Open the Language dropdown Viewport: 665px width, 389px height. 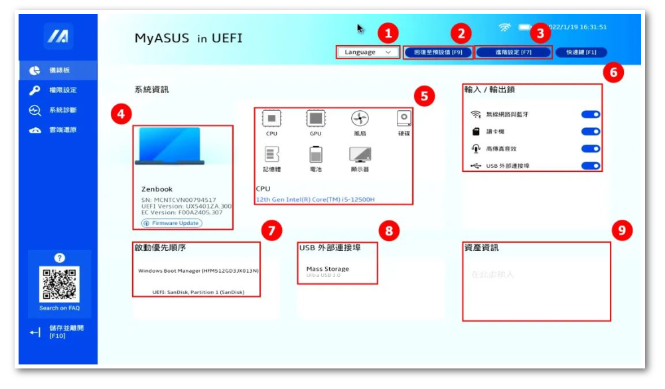367,52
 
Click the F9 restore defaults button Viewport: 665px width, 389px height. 438,52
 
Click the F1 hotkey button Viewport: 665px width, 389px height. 581,52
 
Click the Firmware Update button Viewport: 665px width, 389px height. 172,223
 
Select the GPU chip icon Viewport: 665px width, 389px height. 315,119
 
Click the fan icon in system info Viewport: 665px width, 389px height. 360,119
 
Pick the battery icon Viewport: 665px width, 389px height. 315,155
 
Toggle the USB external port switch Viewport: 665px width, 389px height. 590,165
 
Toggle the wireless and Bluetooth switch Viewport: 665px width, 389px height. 590,114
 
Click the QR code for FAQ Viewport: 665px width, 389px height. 59,284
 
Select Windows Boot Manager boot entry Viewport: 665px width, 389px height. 198,271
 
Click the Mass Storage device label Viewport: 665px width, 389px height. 327,269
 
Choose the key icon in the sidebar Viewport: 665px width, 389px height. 35,90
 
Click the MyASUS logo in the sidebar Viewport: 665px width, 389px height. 58,37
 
